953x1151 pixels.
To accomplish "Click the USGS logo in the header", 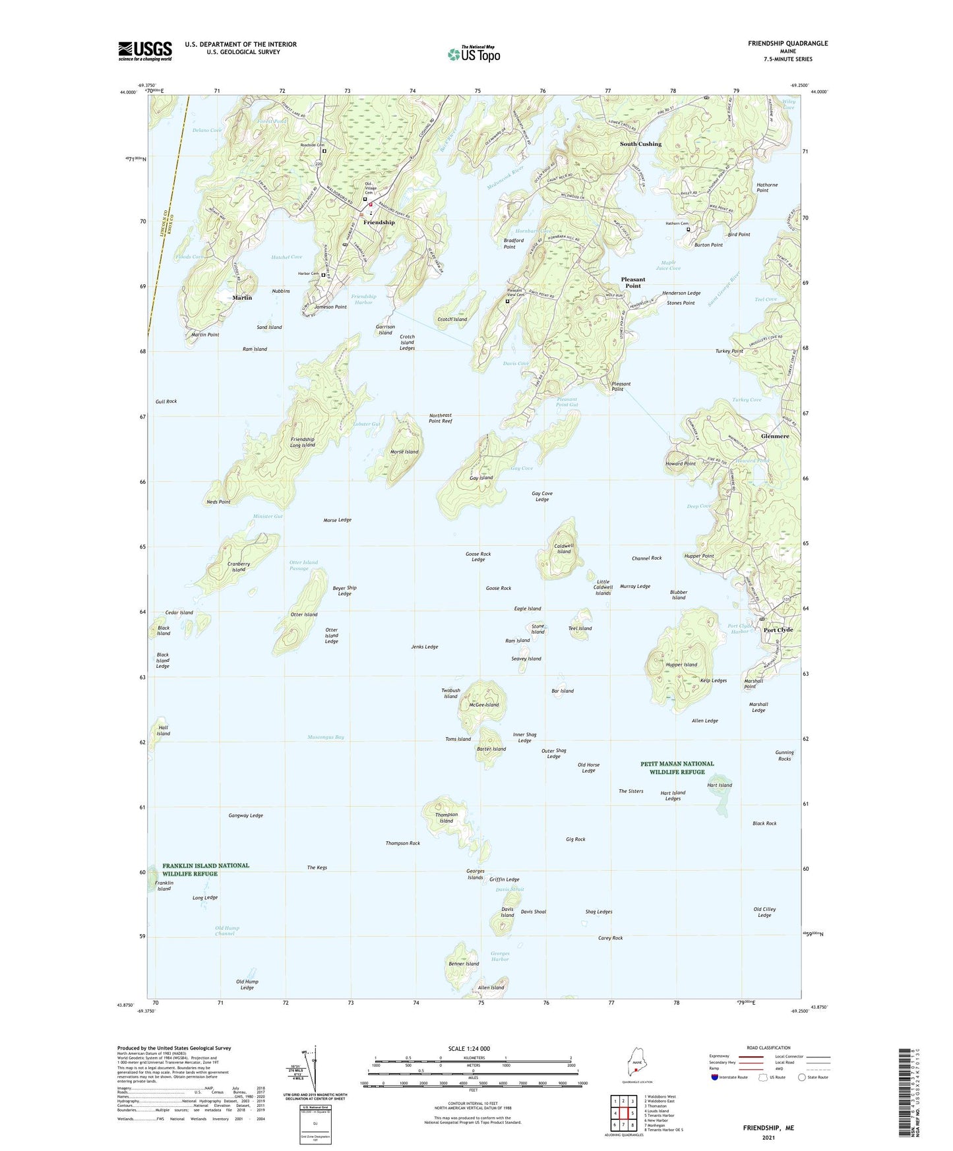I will pyautogui.click(x=144, y=51).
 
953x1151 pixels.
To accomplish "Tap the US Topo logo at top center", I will pyautogui.click(x=473, y=54).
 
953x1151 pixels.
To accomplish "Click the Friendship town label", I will pyautogui.click(x=379, y=223).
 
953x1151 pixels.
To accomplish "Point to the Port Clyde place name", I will pyautogui.click(x=778, y=630).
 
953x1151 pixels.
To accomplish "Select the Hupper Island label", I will pyautogui.click(x=681, y=664).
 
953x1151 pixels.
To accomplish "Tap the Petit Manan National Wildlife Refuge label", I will pyautogui.click(x=677, y=768).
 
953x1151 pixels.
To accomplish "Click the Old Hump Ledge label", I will pyautogui.click(x=247, y=984).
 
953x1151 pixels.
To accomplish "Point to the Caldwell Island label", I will pyautogui.click(x=563, y=548).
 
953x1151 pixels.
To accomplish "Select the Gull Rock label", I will pyautogui.click(x=166, y=401).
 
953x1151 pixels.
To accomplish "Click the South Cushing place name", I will pyautogui.click(x=640, y=144).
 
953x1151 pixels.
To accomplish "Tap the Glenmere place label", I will pyautogui.click(x=774, y=436).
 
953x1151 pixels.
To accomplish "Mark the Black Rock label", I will pyautogui.click(x=764, y=823).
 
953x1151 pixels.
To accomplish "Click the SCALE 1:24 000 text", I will pyautogui.click(x=469, y=1049).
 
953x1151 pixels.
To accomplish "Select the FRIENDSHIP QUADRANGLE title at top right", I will pyautogui.click(x=787, y=44).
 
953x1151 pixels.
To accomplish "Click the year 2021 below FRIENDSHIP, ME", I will pyautogui.click(x=768, y=1137).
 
